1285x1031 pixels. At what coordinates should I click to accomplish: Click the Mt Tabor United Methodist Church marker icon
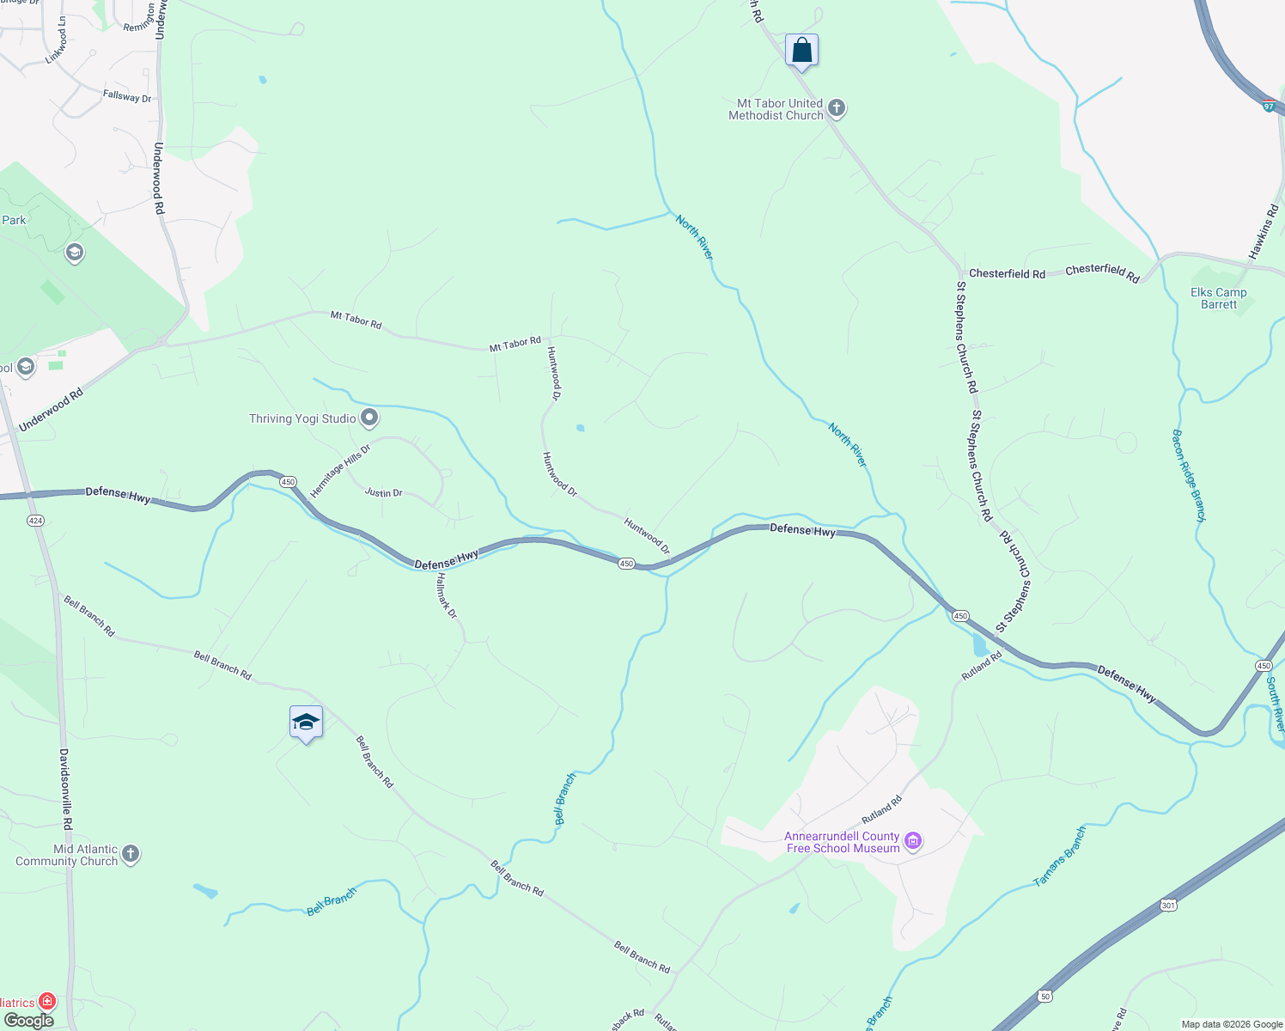837,109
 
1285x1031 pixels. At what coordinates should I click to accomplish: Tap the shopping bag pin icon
801,51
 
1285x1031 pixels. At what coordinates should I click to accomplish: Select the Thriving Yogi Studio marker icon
369,418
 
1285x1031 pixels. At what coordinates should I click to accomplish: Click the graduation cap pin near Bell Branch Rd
306,723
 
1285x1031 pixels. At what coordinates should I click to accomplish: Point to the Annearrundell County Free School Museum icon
914,841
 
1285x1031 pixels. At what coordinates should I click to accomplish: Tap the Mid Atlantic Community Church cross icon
131,854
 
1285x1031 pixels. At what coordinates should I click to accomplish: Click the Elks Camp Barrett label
1218,298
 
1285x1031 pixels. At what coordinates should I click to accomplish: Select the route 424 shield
35,521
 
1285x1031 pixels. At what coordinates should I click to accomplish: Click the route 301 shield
1167,905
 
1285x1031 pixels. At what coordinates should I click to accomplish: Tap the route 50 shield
1044,996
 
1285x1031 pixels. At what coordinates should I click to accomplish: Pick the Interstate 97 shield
1269,106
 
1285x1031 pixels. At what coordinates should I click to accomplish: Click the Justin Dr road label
384,493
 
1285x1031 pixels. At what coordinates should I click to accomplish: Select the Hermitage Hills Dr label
340,471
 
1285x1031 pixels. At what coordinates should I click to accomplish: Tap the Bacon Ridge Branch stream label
1190,475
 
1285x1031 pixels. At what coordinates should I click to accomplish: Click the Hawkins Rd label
1264,232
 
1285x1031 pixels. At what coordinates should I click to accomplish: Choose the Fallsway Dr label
127,97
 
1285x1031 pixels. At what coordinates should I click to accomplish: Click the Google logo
28,1021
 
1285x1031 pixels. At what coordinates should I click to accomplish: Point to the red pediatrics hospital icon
47,1002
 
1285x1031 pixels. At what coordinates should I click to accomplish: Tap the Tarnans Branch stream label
1060,857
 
